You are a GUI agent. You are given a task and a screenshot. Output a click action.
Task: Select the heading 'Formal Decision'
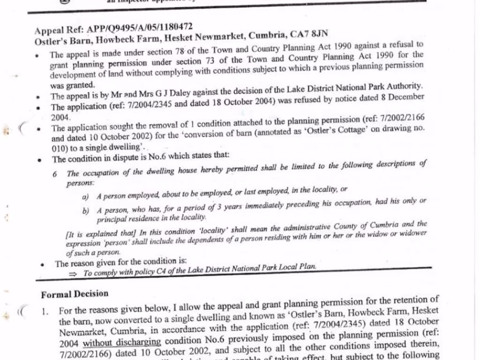click(75, 294)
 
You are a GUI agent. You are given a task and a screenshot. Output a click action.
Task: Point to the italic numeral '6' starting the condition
click(55, 174)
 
